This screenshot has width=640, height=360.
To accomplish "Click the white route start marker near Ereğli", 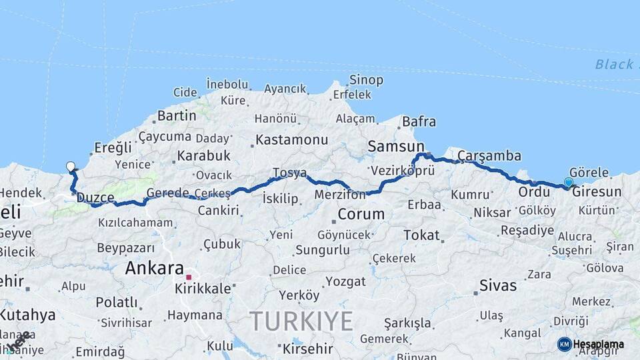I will [x=71, y=167].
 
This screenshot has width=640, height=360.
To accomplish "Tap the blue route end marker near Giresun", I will [x=568, y=182].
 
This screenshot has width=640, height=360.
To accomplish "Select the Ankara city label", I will [x=154, y=268].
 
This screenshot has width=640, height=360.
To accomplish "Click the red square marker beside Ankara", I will [x=189, y=277].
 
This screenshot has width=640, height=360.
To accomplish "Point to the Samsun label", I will [x=396, y=147].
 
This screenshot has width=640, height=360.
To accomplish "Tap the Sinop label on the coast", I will [x=366, y=80].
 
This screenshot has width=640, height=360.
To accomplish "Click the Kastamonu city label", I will [x=292, y=140].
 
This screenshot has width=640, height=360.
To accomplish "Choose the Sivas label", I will [x=498, y=285].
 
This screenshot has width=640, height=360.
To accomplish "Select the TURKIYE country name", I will [x=301, y=321].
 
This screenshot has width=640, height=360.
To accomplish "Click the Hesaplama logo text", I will [x=599, y=345].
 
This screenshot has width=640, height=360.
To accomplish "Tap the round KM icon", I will [x=564, y=344].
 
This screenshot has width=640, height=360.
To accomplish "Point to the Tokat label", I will [x=421, y=235].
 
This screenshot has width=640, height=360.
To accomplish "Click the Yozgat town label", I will [x=345, y=281].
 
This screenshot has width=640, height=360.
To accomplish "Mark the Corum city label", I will [x=361, y=215].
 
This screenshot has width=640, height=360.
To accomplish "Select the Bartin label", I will [x=177, y=115].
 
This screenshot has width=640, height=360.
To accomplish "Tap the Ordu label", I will [x=534, y=192].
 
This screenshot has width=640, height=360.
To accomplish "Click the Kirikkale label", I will [x=203, y=289].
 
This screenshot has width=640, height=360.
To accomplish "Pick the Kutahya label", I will [x=27, y=315].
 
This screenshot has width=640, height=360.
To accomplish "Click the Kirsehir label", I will [x=307, y=349].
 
